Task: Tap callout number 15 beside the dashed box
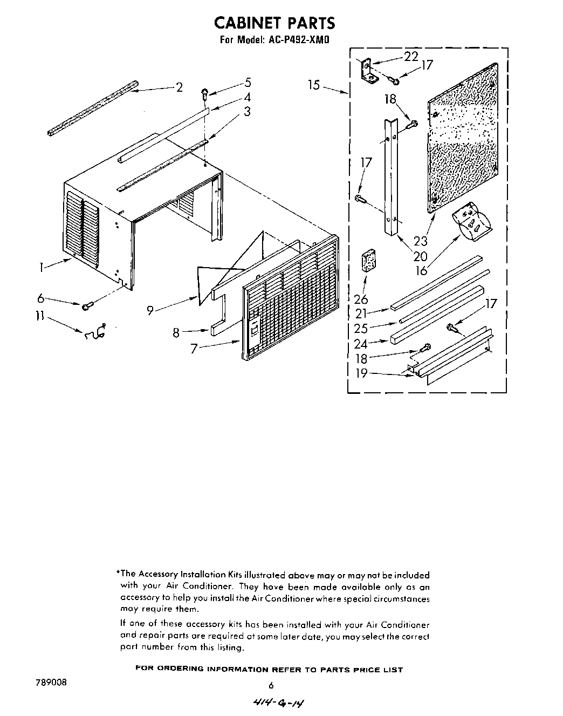(x=314, y=85)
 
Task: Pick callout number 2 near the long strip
(x=179, y=87)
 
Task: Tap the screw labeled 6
(x=86, y=306)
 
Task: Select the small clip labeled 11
(x=95, y=333)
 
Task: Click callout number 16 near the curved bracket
(x=421, y=270)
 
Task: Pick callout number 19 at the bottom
(x=361, y=373)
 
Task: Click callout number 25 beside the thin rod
(x=361, y=328)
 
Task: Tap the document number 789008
(x=52, y=682)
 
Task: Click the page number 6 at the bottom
(x=271, y=685)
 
